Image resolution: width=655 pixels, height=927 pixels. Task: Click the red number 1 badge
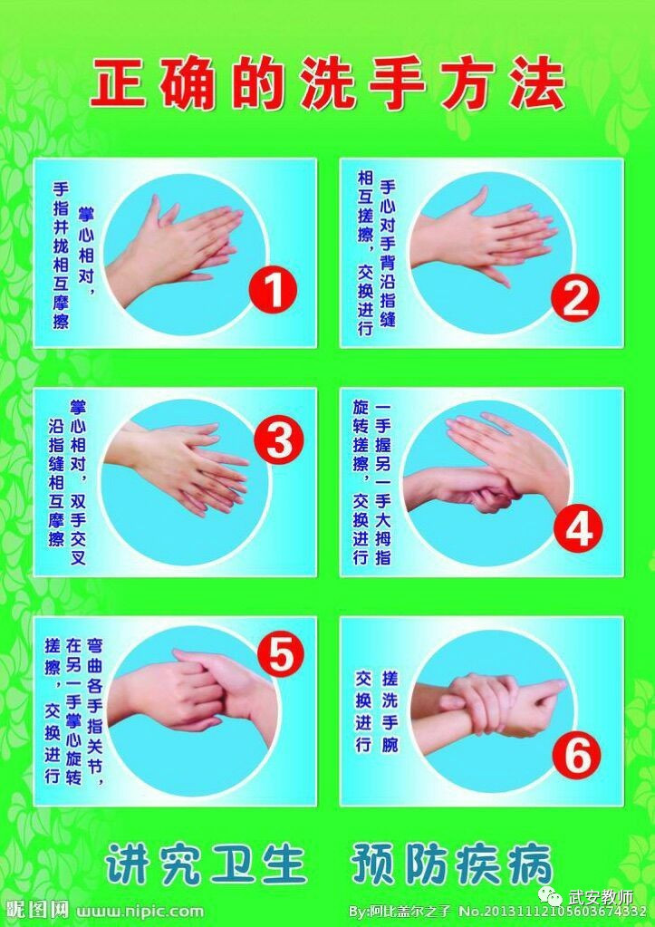[273, 289]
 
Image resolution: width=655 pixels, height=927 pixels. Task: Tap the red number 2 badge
[574, 297]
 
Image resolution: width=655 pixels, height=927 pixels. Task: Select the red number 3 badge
[279, 441]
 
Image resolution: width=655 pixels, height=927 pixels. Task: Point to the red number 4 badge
[578, 527]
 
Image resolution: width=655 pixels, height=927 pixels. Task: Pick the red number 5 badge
[280, 654]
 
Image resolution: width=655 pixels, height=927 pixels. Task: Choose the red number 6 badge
[576, 755]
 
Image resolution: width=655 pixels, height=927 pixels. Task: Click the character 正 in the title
[120, 84]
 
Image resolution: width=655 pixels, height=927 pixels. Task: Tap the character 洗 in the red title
[328, 84]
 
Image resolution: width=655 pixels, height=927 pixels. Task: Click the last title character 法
[535, 84]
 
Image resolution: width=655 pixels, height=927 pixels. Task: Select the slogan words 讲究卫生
[206, 864]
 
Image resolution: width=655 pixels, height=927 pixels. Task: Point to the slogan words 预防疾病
[452, 864]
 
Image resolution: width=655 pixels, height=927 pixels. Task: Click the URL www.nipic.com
[140, 911]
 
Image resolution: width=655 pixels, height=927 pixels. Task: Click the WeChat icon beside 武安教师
[552, 898]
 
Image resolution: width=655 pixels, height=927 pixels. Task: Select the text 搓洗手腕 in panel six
[390, 710]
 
